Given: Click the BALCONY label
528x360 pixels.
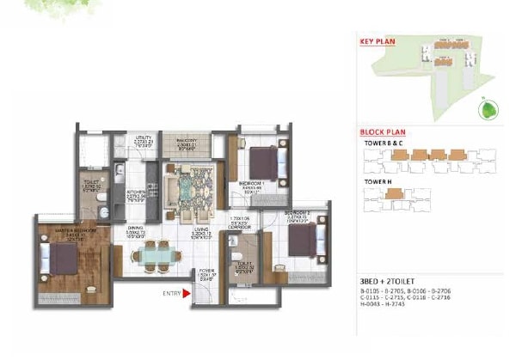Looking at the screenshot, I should [x=187, y=138].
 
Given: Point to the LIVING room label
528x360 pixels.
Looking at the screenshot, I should [x=201, y=229].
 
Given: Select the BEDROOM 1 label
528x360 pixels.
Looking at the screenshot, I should [x=250, y=184].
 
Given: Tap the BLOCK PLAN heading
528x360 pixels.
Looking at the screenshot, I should [x=380, y=134].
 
